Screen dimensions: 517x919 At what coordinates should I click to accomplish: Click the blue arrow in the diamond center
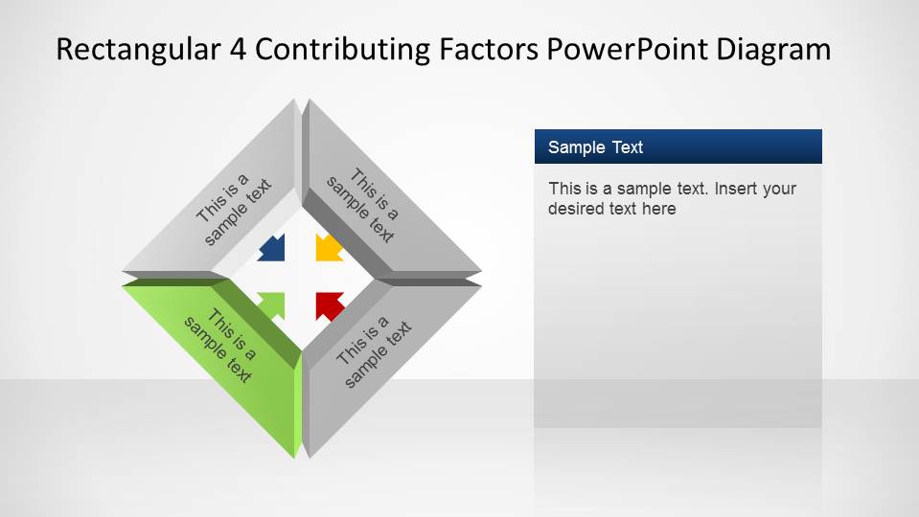click(x=272, y=248)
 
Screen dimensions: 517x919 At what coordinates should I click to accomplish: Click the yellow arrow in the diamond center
click(x=329, y=248)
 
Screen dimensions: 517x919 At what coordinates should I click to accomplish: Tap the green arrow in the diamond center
click(x=272, y=305)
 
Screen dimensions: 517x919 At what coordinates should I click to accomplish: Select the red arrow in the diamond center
click(x=329, y=305)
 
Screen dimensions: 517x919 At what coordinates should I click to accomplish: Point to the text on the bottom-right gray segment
click(x=374, y=350)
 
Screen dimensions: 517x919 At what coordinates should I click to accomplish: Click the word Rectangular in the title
click(x=137, y=50)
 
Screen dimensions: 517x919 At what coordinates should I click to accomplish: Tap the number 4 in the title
click(x=238, y=50)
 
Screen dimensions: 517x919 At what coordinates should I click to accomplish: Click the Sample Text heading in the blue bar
click(x=595, y=147)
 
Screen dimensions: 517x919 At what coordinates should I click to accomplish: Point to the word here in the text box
click(x=658, y=209)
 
